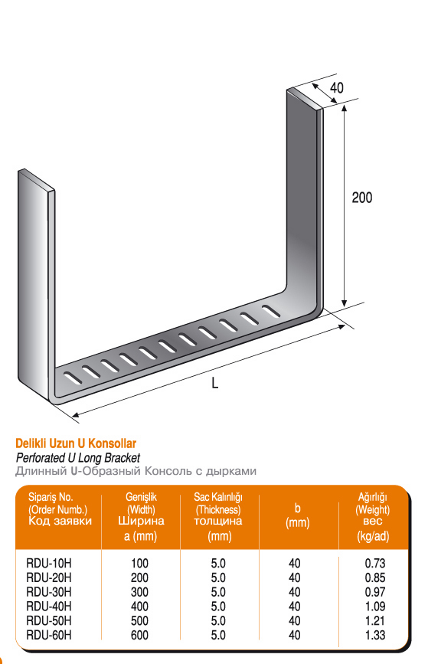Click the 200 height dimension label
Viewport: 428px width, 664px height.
(362, 198)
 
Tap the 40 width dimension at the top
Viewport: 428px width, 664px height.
(337, 87)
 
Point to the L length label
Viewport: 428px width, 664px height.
(214, 383)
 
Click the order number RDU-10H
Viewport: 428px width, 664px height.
(49, 563)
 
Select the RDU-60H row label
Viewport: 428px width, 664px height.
(49, 635)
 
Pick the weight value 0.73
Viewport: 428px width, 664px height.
(375, 563)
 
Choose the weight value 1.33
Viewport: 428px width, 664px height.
(375, 635)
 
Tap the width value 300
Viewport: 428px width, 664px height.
(139, 592)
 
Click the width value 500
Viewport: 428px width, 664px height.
(139, 621)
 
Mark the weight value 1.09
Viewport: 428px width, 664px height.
(375, 607)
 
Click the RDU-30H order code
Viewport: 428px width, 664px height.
(49, 592)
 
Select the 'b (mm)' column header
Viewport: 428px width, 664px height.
(298, 515)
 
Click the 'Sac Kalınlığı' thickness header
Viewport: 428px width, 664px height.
(218, 497)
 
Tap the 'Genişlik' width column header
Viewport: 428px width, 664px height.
(141, 497)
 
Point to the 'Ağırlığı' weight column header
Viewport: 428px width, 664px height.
(373, 497)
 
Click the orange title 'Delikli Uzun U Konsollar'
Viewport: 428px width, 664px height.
(76, 443)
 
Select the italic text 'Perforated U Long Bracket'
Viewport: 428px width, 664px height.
(78, 458)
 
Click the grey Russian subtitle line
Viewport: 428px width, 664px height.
(136, 471)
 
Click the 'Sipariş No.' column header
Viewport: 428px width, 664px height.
(51, 497)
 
